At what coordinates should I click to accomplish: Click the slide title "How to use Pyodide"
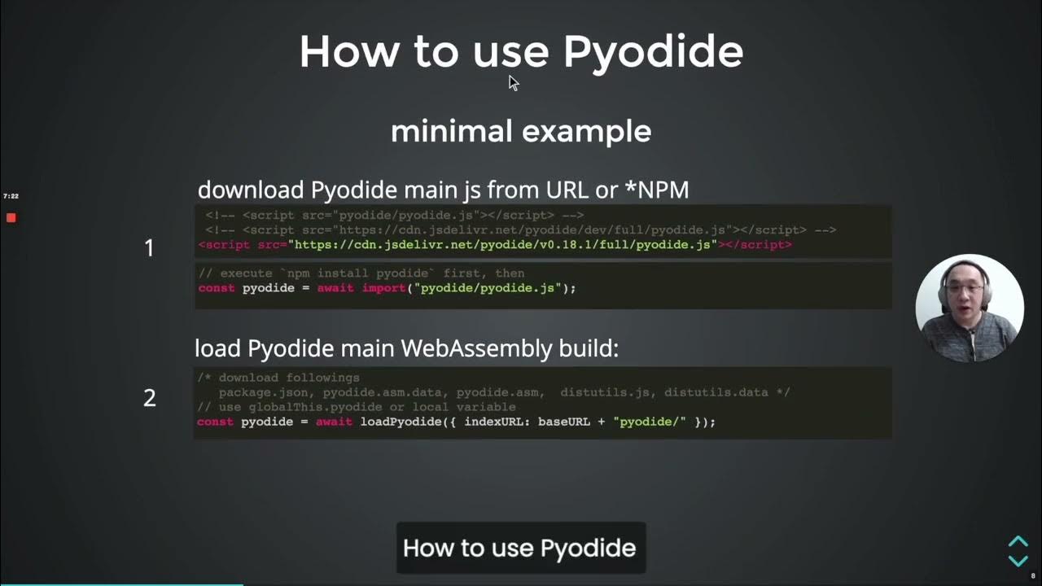click(x=521, y=51)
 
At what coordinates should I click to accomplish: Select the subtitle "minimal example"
click(x=521, y=131)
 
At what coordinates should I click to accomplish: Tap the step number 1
click(x=149, y=248)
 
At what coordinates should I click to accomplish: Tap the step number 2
click(x=149, y=397)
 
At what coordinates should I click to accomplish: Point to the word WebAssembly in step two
click(x=477, y=348)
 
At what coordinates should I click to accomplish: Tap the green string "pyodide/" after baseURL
click(x=650, y=422)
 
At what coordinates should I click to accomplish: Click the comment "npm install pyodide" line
click(x=362, y=273)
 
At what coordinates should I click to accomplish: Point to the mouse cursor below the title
click(x=513, y=82)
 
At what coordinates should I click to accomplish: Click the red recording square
click(x=11, y=217)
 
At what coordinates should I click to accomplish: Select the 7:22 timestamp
click(x=11, y=196)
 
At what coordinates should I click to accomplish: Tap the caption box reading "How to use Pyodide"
click(x=520, y=548)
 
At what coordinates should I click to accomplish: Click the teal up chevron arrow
click(x=1018, y=542)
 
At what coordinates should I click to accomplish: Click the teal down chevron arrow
click(x=1018, y=560)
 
